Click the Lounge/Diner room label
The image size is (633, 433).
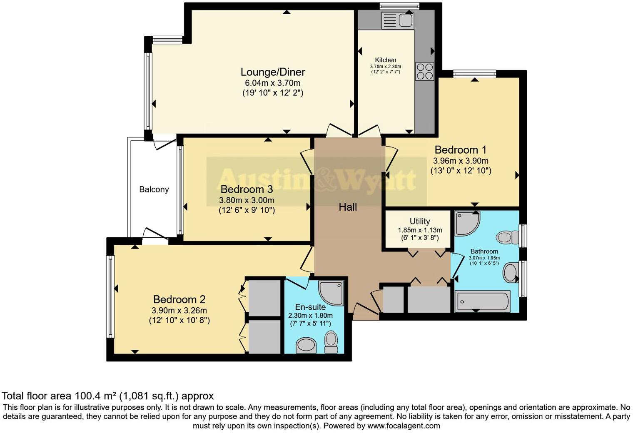pyautogui.click(x=273, y=72)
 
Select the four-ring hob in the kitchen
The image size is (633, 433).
pyautogui.click(x=424, y=71)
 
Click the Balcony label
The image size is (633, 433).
pyautogui.click(x=154, y=189)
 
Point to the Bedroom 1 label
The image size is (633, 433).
pyautogui.click(x=460, y=150)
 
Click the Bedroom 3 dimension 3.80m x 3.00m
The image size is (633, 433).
pyautogui.click(x=247, y=200)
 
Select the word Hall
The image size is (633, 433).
pyautogui.click(x=347, y=207)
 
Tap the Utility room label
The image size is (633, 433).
pyautogui.click(x=419, y=221)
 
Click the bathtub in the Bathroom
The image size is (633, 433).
pyautogui.click(x=482, y=301)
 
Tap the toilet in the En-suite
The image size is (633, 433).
pyautogui.click(x=331, y=341)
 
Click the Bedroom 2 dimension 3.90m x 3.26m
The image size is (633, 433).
pyautogui.click(x=179, y=310)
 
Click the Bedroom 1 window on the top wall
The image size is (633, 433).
pyautogui.click(x=474, y=75)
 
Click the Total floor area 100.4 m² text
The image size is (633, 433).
pyautogui.click(x=107, y=396)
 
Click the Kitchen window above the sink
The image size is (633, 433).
pyautogui.click(x=399, y=6)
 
